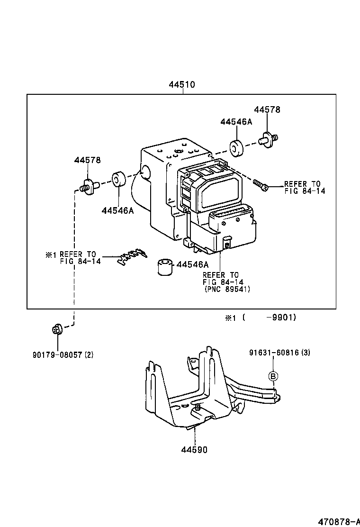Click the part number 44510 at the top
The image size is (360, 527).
pyautogui.click(x=182, y=85)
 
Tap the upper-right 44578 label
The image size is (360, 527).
pyautogui.click(x=267, y=109)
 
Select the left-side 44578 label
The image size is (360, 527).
pyautogui.click(x=87, y=161)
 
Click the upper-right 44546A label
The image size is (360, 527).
pyautogui.click(x=236, y=122)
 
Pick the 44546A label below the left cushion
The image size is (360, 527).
pyautogui.click(x=117, y=210)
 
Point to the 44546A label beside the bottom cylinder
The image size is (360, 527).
pyautogui.click(x=192, y=265)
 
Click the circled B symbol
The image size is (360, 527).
pyautogui.click(x=274, y=376)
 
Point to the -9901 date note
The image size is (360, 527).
pyautogui.click(x=281, y=318)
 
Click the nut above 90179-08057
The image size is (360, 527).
pyautogui.click(x=56, y=328)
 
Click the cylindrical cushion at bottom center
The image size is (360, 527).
pyautogui.click(x=164, y=267)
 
